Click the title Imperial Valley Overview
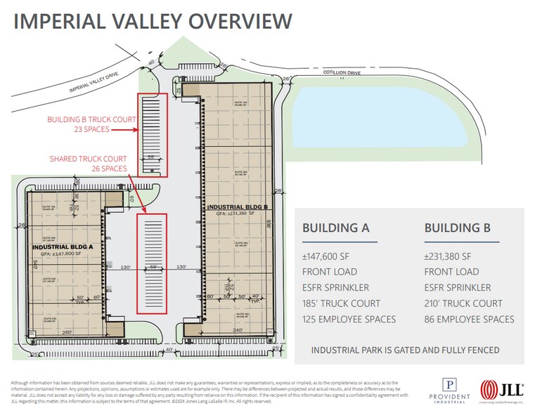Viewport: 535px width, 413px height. click(x=153, y=21)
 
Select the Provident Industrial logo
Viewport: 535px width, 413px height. click(x=449, y=391)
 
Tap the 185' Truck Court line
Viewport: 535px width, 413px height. click(x=341, y=303)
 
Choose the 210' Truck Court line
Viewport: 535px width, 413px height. click(x=463, y=303)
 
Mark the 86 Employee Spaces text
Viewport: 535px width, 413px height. click(x=469, y=320)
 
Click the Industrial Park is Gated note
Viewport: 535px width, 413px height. click(x=405, y=350)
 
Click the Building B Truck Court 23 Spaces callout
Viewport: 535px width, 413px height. click(x=91, y=124)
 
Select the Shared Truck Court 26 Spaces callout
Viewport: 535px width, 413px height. click(x=88, y=164)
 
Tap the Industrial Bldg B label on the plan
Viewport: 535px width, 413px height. click(x=236, y=207)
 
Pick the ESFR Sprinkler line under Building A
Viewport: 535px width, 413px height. click(x=335, y=287)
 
